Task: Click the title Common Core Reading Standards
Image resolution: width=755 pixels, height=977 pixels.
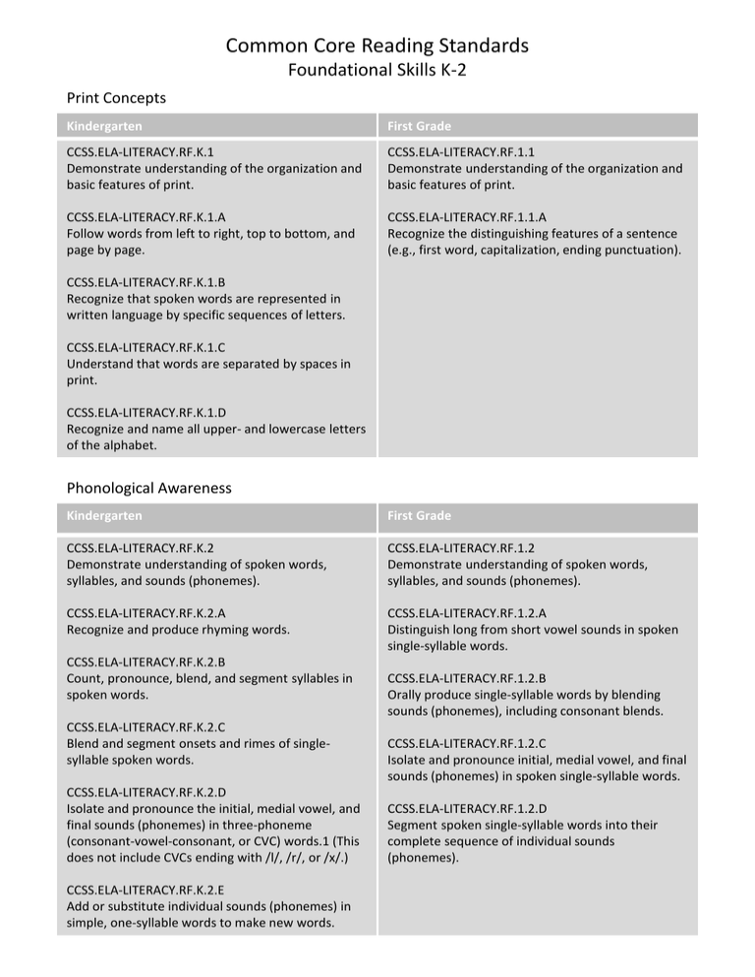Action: [377, 45]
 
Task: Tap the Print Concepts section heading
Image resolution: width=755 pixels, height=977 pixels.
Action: [115, 98]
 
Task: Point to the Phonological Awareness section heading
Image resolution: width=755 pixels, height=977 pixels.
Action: [148, 487]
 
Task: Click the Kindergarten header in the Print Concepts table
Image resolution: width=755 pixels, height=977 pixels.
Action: [104, 127]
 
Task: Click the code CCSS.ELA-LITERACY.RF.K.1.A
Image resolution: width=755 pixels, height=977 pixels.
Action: [145, 216]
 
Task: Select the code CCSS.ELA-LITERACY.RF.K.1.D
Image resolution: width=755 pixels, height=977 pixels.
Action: [145, 413]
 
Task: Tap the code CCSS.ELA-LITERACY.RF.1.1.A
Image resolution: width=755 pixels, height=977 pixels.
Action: [467, 216]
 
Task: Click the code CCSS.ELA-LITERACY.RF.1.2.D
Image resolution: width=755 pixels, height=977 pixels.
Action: [467, 808]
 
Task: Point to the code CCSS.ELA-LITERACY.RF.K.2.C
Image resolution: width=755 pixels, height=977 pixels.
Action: [145, 727]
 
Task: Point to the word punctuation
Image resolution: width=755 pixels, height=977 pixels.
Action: [639, 250]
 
